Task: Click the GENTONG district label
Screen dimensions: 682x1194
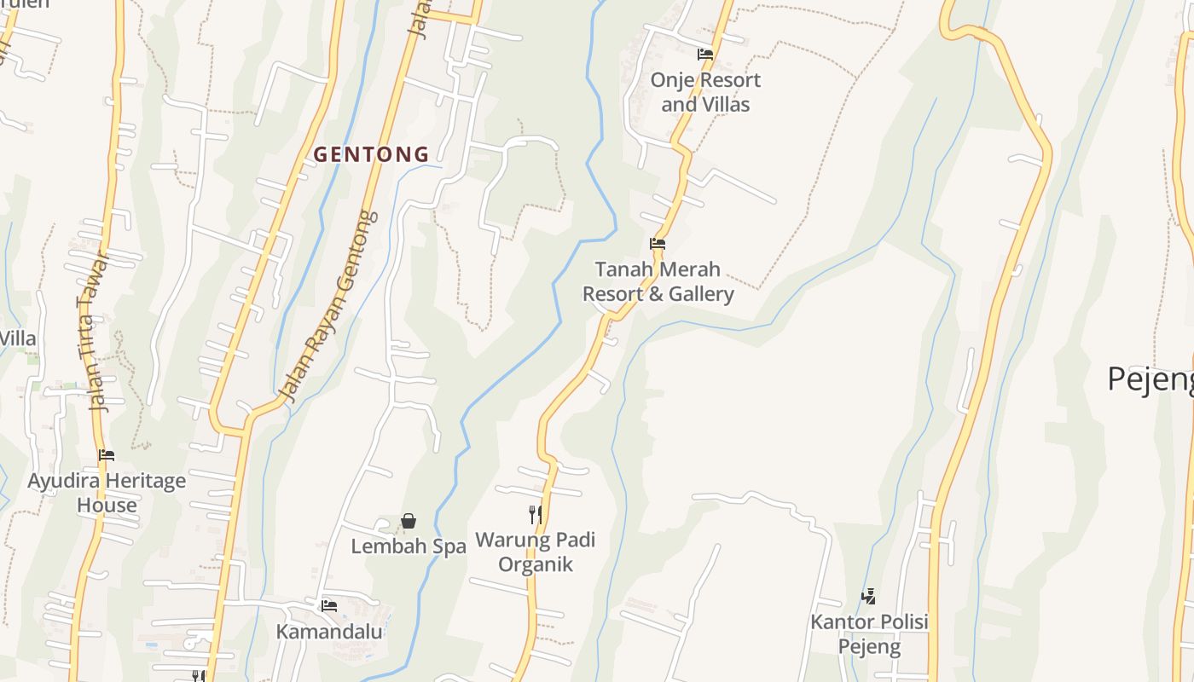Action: [371, 154]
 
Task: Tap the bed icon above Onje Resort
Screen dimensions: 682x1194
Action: [705, 55]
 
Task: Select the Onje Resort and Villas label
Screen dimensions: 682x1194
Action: [705, 92]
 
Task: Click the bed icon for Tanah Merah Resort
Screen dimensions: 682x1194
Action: [658, 244]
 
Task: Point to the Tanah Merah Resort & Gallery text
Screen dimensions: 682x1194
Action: [658, 282]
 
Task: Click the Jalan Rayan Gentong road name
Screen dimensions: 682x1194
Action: [328, 307]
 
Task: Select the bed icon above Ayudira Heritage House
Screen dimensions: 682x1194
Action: [107, 455]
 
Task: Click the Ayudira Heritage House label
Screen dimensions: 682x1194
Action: [107, 493]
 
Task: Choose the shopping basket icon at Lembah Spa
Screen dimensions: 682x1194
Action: [409, 521]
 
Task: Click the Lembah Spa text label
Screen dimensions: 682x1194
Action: [409, 546]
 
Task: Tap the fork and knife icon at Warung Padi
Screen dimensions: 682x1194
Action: [536, 514]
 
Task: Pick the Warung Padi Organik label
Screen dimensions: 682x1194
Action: [536, 552]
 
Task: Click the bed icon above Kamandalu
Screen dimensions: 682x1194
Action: [329, 606]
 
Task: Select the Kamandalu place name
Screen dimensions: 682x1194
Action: [329, 632]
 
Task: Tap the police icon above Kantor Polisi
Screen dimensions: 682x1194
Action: [868, 596]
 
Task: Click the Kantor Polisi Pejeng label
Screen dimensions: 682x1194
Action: [868, 633]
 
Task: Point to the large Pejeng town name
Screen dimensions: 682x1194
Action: [1151, 379]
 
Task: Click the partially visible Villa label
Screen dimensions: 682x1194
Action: [18, 338]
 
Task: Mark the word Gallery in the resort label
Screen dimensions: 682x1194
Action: [701, 294]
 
